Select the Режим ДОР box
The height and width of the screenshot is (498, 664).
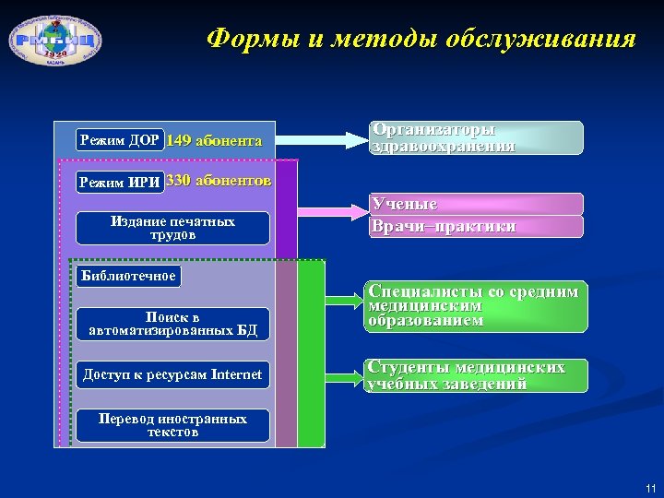120,141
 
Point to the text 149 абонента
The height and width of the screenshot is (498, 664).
215,141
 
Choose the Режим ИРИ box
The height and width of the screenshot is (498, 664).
120,182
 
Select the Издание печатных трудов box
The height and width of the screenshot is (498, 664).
172,228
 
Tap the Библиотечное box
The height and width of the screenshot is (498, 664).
128,276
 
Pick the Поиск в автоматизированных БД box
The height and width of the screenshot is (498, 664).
172,324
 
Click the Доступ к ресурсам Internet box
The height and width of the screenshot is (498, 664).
172,374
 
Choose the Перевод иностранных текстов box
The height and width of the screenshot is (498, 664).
172,425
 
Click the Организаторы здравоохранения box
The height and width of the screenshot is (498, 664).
476,137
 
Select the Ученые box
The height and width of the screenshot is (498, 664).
476,204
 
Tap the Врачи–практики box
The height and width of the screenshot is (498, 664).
476,227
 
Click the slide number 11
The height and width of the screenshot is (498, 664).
651,488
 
